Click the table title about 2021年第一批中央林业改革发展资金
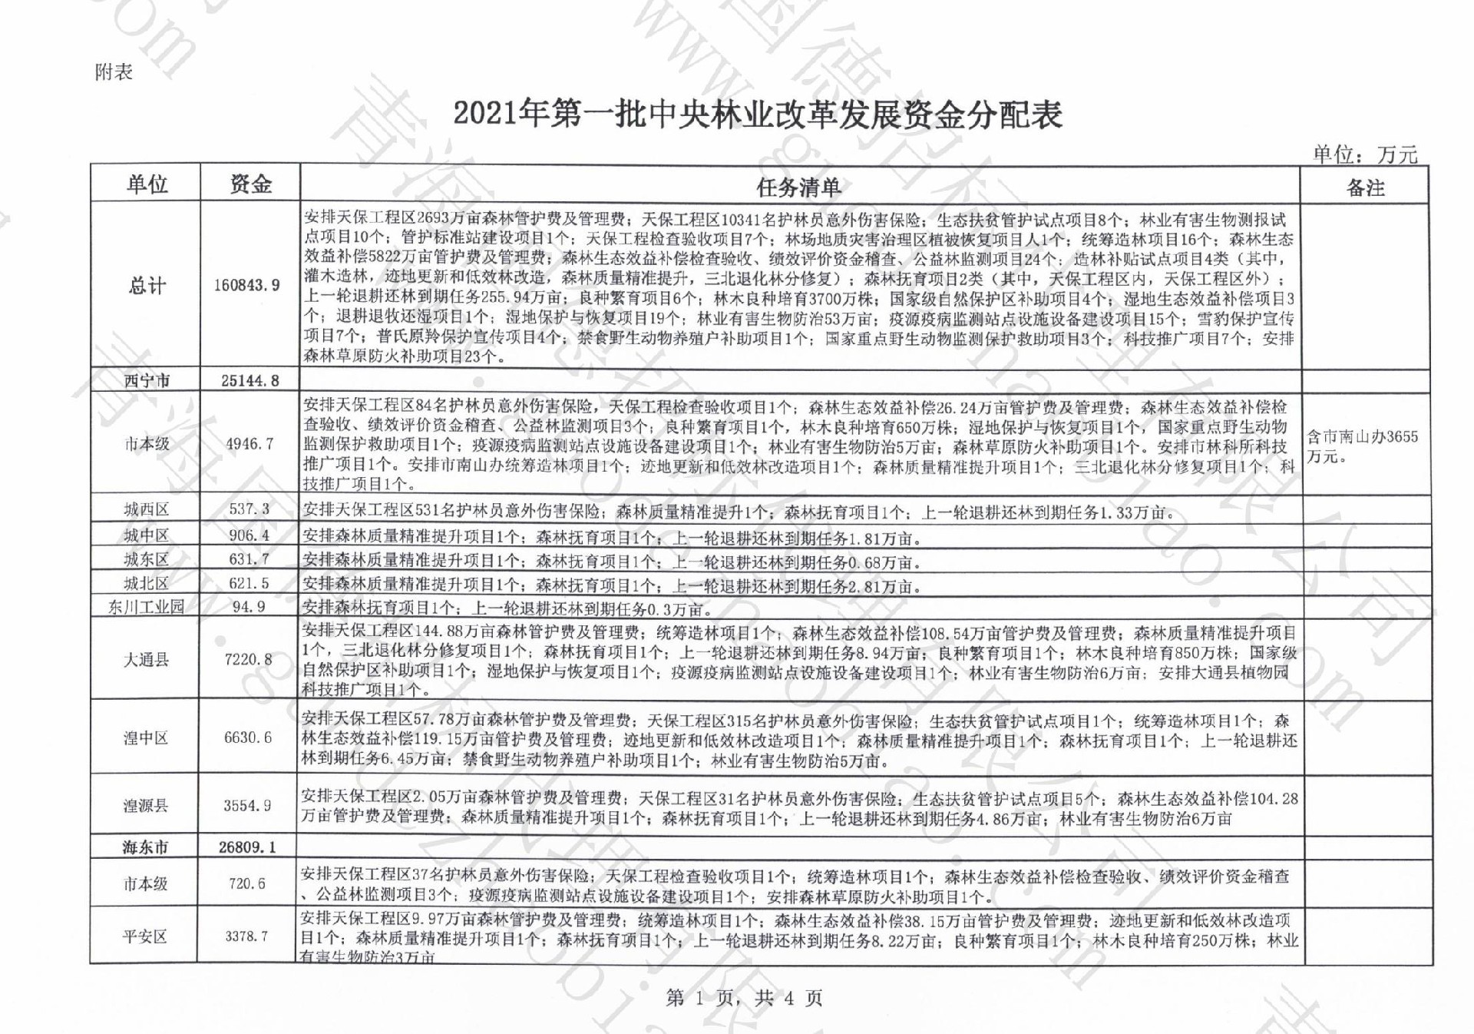click(757, 114)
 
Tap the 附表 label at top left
click(114, 72)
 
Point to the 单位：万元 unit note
click(1364, 154)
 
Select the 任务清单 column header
click(798, 187)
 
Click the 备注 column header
click(1365, 187)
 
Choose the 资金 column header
click(250, 184)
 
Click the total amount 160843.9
click(247, 285)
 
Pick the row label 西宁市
click(147, 380)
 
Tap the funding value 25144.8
click(250, 380)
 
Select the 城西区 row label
click(146, 509)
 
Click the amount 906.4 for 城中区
click(249, 535)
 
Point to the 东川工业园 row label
click(146, 607)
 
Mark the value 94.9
click(249, 607)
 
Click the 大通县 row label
click(146, 659)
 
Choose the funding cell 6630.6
click(248, 737)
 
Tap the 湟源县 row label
click(145, 805)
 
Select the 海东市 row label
click(145, 847)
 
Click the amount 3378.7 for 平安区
click(246, 936)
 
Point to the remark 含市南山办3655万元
click(1363, 446)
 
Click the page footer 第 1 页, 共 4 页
click(744, 998)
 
